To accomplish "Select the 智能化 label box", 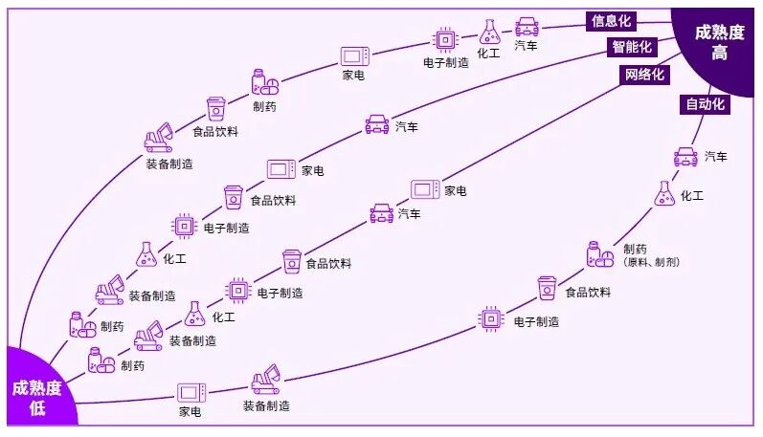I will [x=632, y=47].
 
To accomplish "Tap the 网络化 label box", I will [x=644, y=76].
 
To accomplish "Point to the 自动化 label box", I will [x=704, y=104].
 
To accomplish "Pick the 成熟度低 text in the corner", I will [x=36, y=399].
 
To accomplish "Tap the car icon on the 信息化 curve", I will [x=527, y=27].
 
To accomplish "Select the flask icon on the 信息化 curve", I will [x=489, y=32].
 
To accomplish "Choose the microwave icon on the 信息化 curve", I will [x=354, y=55].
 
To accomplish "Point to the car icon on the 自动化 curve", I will [x=685, y=156].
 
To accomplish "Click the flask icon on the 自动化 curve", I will [x=664, y=194].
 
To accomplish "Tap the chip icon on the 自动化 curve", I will [x=491, y=317].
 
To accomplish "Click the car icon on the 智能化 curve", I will [x=377, y=124].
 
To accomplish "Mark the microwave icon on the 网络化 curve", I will [x=424, y=189].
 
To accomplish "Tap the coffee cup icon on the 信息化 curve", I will [x=215, y=108].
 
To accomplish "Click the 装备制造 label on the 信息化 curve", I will [x=168, y=164].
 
